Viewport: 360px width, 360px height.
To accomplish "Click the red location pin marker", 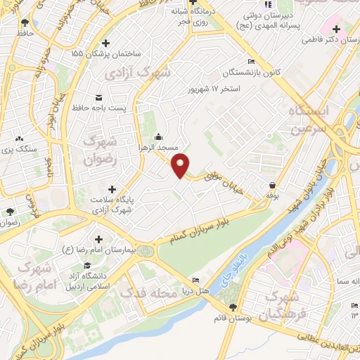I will coord(181,165).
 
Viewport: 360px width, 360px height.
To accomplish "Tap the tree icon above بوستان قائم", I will coord(233,307).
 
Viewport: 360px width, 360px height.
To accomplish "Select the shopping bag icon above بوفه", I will coord(272,185).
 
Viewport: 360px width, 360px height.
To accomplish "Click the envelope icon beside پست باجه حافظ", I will coord(98,96).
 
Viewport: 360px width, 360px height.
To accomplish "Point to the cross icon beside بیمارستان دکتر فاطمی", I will coord(337,30).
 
